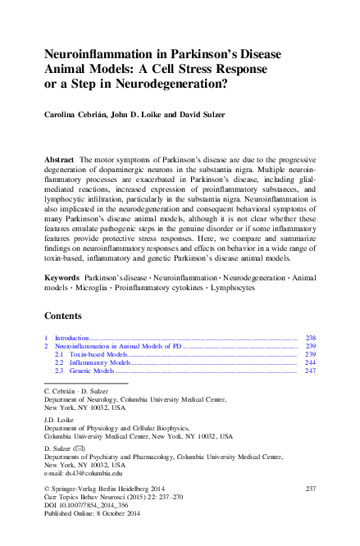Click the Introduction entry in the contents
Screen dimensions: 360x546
coord(70,338)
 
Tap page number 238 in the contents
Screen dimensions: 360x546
coord(310,338)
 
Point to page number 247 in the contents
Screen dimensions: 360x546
coord(310,371)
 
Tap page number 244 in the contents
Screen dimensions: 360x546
coord(310,362)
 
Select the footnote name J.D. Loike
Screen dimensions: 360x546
coord(57,418)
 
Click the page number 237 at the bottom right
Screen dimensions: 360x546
coord(310,489)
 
